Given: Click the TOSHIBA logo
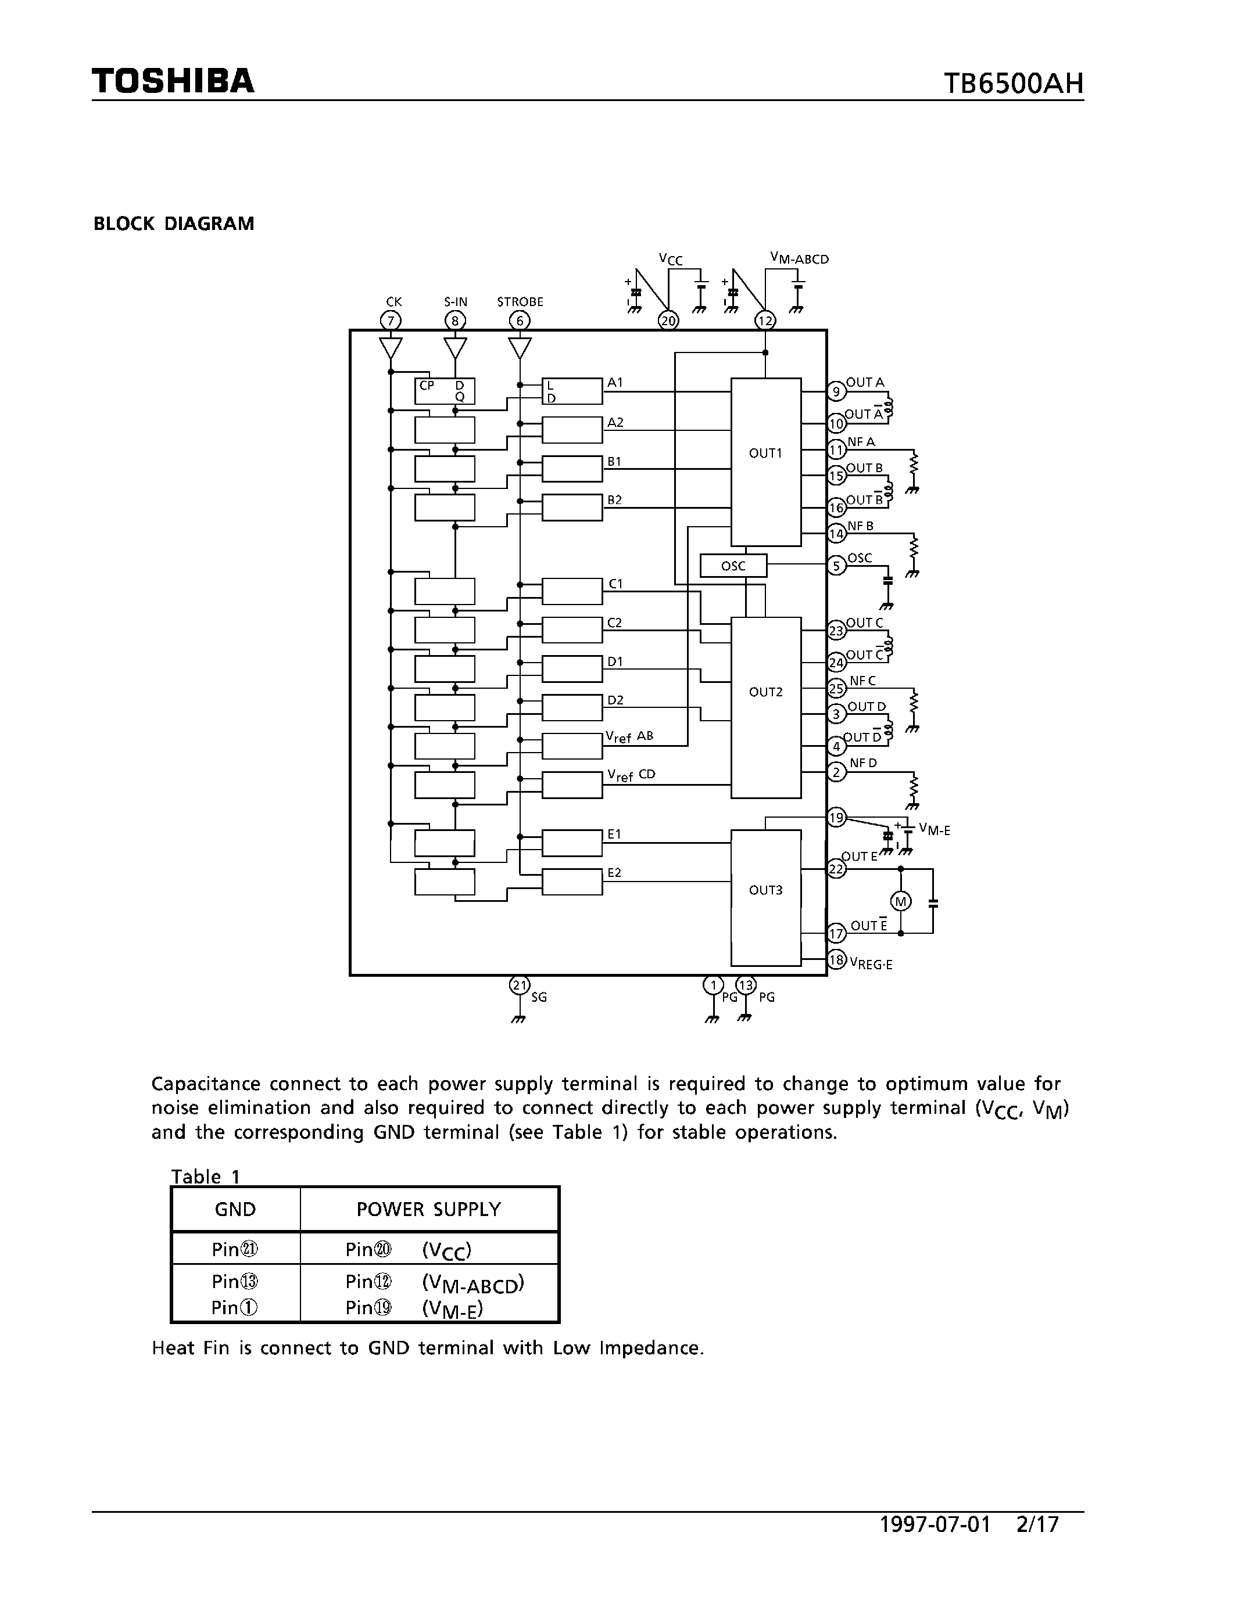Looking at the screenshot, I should click(173, 81).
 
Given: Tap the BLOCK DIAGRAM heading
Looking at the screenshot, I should click(173, 224).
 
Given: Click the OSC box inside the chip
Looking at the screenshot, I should click(733, 566).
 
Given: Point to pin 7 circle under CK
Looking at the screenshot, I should click(391, 321).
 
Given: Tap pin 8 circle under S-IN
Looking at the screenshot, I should click(455, 321).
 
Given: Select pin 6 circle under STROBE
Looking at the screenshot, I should click(520, 321).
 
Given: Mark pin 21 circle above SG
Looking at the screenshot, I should click(519, 985).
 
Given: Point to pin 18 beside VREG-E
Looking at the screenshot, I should click(836, 960).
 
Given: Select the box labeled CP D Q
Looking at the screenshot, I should click(445, 391).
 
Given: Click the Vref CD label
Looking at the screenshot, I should click(631, 776).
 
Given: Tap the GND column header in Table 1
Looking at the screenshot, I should click(235, 1210).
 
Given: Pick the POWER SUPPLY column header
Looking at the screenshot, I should click(429, 1210).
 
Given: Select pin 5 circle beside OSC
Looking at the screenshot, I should click(836, 565).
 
